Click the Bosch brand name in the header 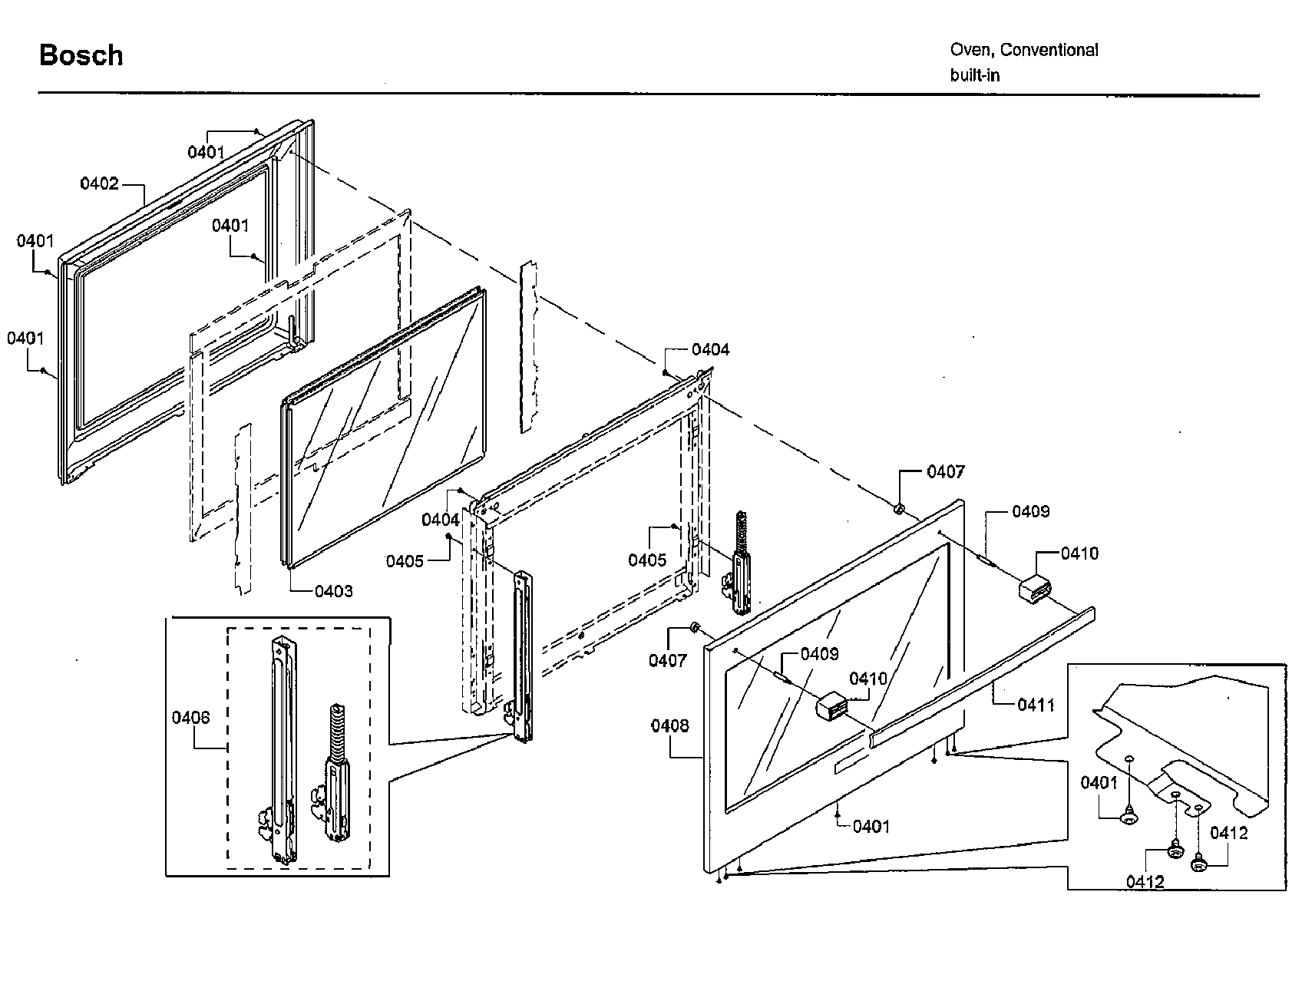[x=81, y=55]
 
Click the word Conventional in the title [x=1049, y=50]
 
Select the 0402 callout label [x=100, y=183]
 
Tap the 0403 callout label [x=334, y=590]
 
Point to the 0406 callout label [x=190, y=717]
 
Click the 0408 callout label [x=669, y=725]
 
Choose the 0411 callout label [x=1036, y=704]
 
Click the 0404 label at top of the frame [x=710, y=349]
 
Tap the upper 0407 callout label [x=945, y=471]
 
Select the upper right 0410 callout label [x=1079, y=553]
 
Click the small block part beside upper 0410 [x=1035, y=590]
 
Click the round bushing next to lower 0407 [x=694, y=629]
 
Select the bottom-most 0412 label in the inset [x=1145, y=882]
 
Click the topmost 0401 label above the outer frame [x=206, y=152]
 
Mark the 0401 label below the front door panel [x=871, y=826]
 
